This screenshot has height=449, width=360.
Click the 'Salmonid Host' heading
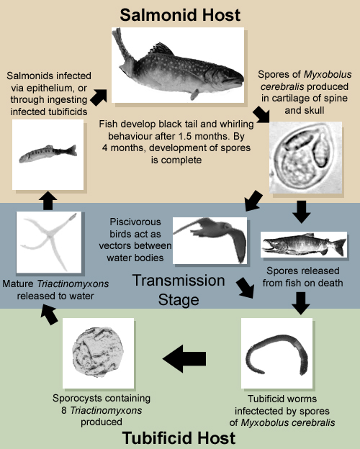180,15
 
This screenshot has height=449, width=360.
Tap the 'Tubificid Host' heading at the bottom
179,438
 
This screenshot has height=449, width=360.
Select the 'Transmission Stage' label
179,290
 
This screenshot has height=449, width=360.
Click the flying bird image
210,240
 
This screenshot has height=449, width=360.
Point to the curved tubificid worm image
276,353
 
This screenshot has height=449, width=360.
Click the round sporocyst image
99,353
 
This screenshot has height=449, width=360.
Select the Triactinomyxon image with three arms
49,242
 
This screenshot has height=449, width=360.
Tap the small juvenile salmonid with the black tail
48,154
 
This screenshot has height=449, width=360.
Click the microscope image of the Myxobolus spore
305,158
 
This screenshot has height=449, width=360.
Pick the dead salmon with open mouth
304,245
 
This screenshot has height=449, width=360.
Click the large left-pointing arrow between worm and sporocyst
184,358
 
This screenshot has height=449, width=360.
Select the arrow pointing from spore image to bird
253,201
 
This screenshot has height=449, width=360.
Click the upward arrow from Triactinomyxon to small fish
48,201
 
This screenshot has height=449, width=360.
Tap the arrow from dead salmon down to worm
301,303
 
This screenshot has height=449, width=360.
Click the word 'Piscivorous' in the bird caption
135,222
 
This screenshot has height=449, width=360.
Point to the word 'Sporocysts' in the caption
77,398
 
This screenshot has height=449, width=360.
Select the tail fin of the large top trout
122,50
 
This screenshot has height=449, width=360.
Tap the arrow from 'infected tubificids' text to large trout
99,97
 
